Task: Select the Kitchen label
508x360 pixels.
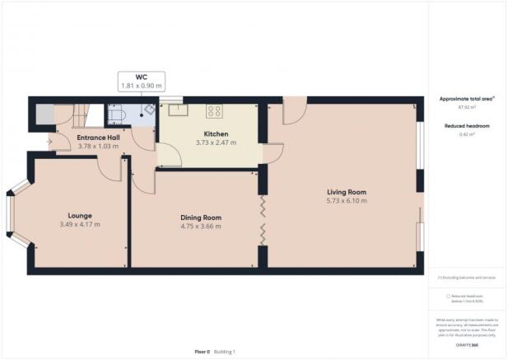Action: click(x=216, y=133)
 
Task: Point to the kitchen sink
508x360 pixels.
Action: click(x=177, y=109)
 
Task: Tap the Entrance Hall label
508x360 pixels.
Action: click(x=98, y=138)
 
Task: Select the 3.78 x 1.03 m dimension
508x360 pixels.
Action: click(x=98, y=147)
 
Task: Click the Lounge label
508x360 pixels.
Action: click(x=80, y=214)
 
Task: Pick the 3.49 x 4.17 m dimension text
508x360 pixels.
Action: click(x=80, y=223)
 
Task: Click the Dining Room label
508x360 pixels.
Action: click(x=201, y=217)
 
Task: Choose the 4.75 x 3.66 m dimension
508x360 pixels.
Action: click(x=201, y=227)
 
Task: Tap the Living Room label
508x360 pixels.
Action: click(x=346, y=192)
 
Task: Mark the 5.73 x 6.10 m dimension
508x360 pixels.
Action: click(x=346, y=201)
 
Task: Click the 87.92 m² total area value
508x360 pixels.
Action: click(x=467, y=107)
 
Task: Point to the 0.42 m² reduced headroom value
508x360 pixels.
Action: click(x=467, y=133)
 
